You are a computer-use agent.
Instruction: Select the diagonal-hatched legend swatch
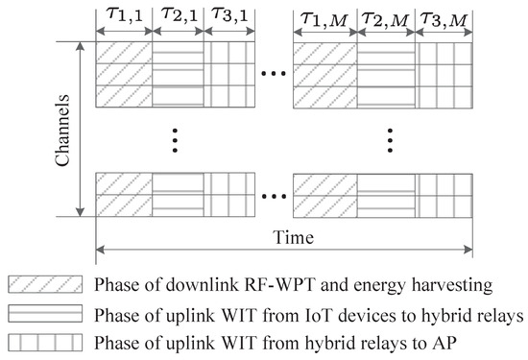[30, 284]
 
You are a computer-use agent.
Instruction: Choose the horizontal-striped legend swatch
[30, 312]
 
